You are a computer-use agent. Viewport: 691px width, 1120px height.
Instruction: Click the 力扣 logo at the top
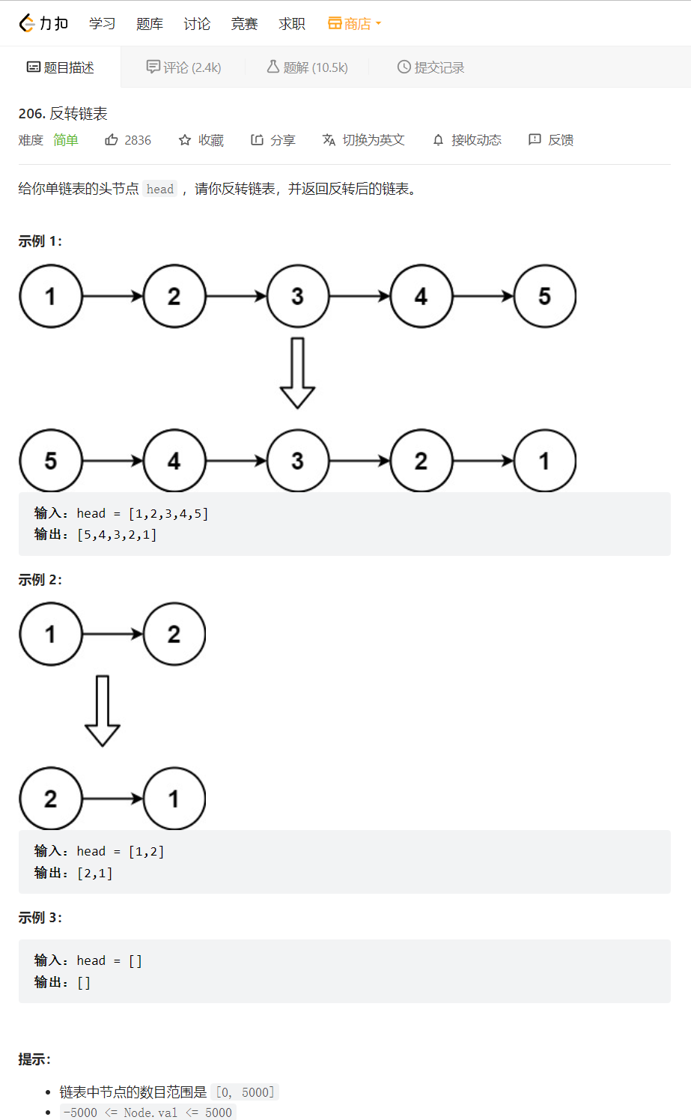[x=43, y=24]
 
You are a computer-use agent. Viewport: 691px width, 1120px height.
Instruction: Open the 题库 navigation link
[x=150, y=24]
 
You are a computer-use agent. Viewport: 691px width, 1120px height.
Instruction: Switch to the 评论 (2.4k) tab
[x=184, y=67]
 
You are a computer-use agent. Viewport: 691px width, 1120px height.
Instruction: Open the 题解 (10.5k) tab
[x=308, y=67]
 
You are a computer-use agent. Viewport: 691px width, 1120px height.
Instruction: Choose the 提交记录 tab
[x=430, y=67]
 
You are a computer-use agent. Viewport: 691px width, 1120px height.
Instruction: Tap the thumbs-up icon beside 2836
[x=112, y=140]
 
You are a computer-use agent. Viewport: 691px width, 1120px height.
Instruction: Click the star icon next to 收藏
[x=185, y=140]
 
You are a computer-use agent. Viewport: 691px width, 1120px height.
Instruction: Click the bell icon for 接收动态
[x=439, y=140]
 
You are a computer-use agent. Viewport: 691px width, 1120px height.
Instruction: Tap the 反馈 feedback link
[x=552, y=140]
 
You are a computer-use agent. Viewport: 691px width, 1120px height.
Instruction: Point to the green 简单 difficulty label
[x=66, y=140]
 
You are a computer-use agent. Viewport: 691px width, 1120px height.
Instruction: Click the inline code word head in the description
[x=160, y=189]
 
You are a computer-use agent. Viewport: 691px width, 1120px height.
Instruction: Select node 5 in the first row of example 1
[x=544, y=296]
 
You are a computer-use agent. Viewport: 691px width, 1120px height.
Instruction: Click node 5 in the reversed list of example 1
[x=51, y=461]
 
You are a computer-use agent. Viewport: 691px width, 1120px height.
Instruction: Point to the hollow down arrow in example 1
[x=297, y=373]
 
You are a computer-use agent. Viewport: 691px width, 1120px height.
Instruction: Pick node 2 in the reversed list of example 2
[x=51, y=799]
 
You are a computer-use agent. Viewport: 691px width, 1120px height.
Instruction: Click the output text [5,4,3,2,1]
[x=118, y=535]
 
